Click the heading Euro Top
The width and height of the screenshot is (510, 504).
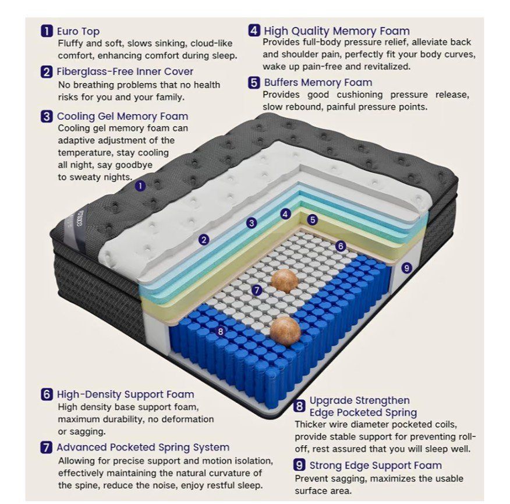78,31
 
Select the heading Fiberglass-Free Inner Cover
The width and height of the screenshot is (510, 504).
125,72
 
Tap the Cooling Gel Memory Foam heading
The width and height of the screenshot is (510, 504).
123,116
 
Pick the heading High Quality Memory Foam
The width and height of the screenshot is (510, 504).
337,31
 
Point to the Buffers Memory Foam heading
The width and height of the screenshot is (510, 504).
318,82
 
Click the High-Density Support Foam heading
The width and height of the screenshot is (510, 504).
126,394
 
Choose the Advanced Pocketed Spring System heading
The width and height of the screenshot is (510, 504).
143,447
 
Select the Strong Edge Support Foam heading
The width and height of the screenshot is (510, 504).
376,466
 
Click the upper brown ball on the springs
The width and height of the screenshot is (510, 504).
284,281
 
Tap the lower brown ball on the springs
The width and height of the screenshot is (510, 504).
286,331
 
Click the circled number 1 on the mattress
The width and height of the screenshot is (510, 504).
140,186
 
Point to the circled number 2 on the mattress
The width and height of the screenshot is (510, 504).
204,240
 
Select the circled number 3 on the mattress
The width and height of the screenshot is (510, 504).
252,223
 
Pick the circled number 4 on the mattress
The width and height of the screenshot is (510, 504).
286,214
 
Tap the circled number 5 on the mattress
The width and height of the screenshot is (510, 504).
313,220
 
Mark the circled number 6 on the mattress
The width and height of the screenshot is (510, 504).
341,246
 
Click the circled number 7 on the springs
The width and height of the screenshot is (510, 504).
257,290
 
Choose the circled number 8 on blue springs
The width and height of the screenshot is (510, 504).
221,331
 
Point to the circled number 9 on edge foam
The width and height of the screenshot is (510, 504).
406,268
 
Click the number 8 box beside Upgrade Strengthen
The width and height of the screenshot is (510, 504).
299,406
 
